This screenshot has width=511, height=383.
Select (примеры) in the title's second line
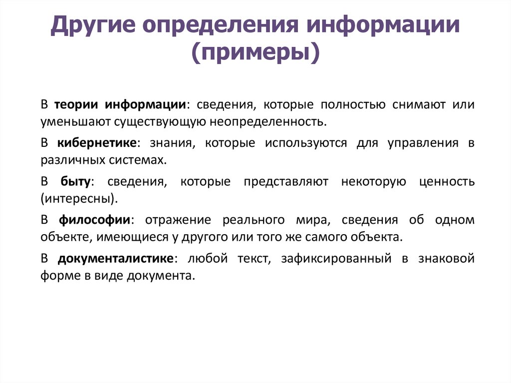click(x=255, y=53)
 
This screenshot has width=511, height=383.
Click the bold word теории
click(x=76, y=105)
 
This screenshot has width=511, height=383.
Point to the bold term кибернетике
click(x=97, y=143)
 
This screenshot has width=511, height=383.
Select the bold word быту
click(x=75, y=181)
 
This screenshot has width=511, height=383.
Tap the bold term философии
click(x=94, y=220)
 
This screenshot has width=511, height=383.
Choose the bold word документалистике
click(x=115, y=258)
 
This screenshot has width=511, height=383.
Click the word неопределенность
click(x=267, y=122)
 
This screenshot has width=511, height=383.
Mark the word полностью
click(x=353, y=105)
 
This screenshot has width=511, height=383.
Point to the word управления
click(x=423, y=143)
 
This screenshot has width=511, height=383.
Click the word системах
click(x=138, y=160)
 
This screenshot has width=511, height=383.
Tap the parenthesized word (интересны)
click(x=79, y=199)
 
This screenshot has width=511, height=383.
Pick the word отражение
click(x=178, y=220)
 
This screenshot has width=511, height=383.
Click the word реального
click(x=254, y=220)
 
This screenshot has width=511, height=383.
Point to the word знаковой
click(x=446, y=259)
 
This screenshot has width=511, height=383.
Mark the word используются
click(x=306, y=143)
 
